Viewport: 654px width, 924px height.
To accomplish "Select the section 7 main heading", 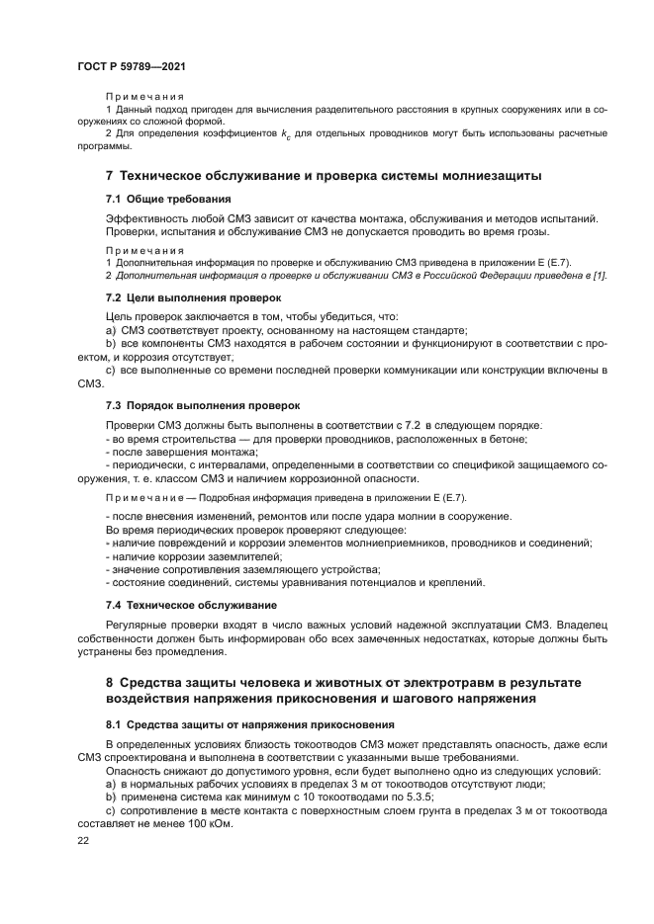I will coord(324,176).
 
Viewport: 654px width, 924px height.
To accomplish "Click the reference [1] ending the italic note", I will coord(601,274).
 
